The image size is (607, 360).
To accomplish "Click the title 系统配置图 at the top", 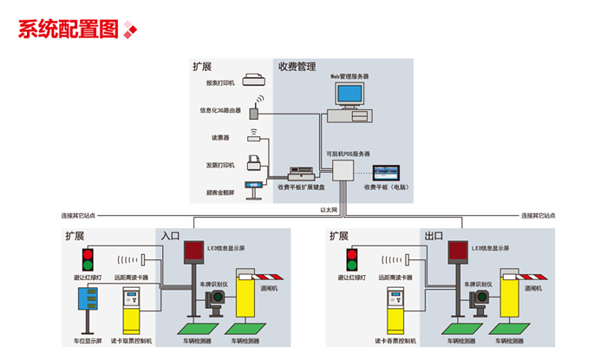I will (x=68, y=29).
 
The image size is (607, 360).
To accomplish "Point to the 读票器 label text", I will (x=219, y=138).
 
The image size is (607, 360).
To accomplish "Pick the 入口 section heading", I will (x=170, y=235).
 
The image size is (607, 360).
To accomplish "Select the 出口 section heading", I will (x=434, y=235).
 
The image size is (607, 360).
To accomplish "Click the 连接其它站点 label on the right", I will (x=538, y=215).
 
